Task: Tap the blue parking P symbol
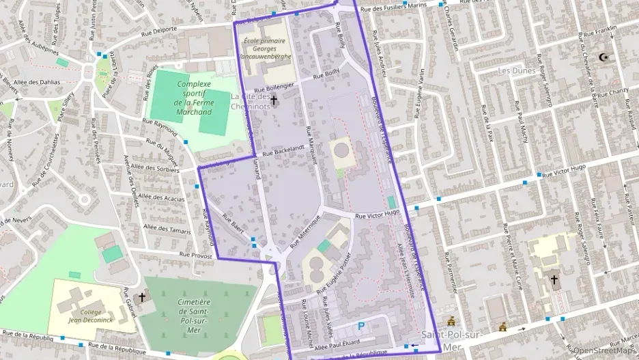(x=361, y=327)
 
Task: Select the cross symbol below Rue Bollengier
(x=274, y=101)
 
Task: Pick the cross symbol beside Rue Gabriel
(x=142, y=298)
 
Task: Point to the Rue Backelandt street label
(x=279, y=149)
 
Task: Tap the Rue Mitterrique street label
(x=304, y=235)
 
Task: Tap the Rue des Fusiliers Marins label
(x=386, y=8)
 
